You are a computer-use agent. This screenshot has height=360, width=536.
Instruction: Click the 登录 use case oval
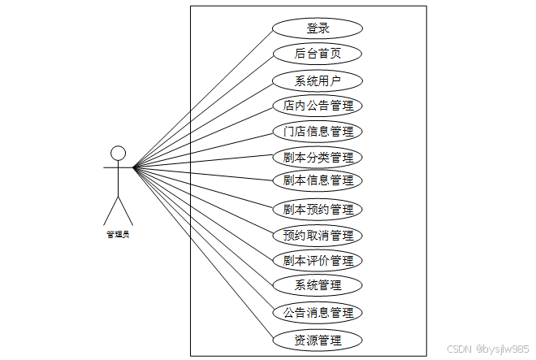(x=318, y=28)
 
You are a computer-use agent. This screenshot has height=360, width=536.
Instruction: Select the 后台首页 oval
(x=318, y=54)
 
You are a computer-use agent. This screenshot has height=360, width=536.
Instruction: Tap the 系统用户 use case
(x=318, y=80)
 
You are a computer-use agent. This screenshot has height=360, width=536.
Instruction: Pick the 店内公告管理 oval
(x=318, y=106)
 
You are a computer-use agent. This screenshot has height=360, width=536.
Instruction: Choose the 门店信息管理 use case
(x=318, y=132)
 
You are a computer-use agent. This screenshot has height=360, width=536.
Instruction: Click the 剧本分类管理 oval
(x=318, y=157)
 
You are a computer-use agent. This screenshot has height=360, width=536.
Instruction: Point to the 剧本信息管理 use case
(x=318, y=180)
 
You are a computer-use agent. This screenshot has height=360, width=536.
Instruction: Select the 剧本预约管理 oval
(x=318, y=209)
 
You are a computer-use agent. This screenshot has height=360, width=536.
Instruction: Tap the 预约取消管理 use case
(x=318, y=235)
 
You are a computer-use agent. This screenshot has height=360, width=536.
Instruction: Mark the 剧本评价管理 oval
(x=318, y=261)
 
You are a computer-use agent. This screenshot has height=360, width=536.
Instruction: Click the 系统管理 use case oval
(x=318, y=285)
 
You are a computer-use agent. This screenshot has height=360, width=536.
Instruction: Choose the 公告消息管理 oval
(x=318, y=313)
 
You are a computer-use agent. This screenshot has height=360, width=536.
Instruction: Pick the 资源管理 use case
(x=318, y=340)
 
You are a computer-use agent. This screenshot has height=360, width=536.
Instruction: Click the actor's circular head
(x=118, y=154)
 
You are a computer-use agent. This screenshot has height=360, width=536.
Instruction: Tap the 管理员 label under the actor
(x=118, y=235)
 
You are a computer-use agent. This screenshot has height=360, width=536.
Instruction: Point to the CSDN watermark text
(x=489, y=348)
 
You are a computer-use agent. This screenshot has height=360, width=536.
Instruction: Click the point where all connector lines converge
(x=134, y=168)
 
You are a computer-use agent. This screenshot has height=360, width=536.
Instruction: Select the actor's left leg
(x=110, y=210)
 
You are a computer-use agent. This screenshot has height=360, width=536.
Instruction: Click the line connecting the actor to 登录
(x=203, y=98)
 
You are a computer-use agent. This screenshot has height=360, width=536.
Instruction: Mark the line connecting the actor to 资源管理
(x=203, y=254)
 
